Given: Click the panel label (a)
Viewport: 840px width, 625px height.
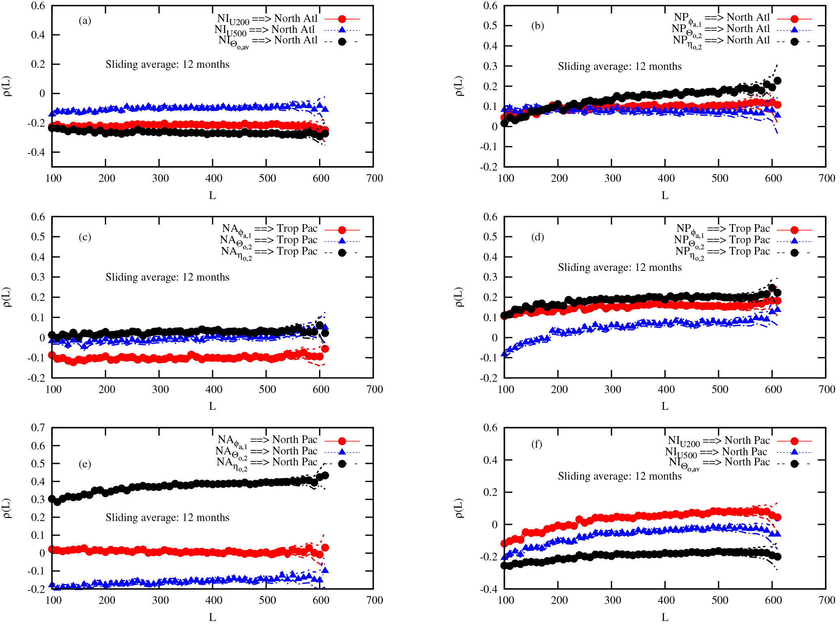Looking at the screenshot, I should point(85,21).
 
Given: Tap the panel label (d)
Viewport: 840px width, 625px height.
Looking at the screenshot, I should point(537,237).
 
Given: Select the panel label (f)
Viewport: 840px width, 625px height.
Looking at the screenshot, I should point(537,444).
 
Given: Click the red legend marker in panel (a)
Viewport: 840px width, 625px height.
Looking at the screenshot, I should point(342,19).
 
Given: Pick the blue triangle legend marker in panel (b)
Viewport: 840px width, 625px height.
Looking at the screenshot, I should point(794,30).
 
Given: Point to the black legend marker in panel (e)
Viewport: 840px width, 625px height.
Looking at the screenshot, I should point(342,463).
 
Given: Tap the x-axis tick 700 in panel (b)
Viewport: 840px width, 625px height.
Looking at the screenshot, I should point(827,178).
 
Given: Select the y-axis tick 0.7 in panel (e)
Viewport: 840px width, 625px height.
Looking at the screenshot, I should point(38,428).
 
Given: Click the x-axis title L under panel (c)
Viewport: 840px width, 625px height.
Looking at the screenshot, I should point(212,406).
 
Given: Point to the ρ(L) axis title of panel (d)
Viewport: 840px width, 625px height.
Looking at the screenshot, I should point(459,297).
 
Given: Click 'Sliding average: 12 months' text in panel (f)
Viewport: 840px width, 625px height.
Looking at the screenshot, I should point(619,476).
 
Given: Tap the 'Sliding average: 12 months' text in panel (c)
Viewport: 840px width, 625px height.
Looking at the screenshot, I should point(167,277).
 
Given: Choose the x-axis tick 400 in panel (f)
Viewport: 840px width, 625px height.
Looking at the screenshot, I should point(666,600).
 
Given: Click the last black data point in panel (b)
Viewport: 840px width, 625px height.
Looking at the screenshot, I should point(777,81).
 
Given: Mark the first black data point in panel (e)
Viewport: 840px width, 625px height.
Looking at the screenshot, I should point(52,499).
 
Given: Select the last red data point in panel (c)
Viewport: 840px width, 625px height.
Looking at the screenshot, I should point(325,349).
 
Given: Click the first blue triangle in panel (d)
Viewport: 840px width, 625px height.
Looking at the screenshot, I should point(504,353).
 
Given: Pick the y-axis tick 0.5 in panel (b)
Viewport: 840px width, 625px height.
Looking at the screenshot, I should point(491,26).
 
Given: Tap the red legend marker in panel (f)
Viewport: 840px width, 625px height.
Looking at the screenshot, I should point(794,441).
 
